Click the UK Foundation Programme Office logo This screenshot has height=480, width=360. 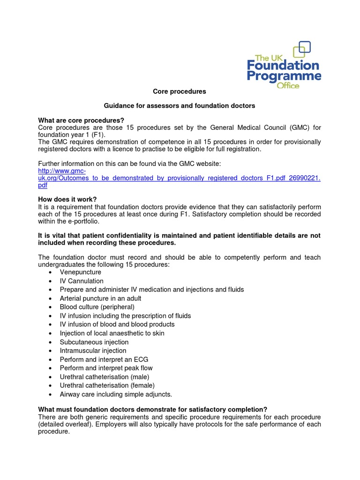tap(284, 66)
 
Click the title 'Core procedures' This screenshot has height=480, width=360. tap(180, 91)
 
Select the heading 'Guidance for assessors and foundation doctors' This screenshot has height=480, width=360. tap(180, 106)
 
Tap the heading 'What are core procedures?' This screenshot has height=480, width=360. tap(81, 120)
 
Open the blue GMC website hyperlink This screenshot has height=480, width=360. tap(179, 179)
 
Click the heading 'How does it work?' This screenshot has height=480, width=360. tap(67, 199)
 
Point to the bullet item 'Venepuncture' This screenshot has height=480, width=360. tap(80, 272)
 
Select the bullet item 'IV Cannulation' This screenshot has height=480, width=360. tap(82, 281)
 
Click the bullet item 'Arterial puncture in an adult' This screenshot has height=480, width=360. tap(100, 299)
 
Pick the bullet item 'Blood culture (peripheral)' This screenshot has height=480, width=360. tap(97, 307)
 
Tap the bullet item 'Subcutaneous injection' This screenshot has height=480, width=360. tap(94, 342)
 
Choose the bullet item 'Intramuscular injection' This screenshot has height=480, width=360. tap(93, 351)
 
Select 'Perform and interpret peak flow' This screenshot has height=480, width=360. tap(106, 368)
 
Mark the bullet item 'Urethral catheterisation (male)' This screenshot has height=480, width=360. tap(104, 377)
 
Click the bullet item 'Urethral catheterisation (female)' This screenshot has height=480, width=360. tap(107, 385)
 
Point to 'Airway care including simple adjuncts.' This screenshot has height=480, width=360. tap(116, 394)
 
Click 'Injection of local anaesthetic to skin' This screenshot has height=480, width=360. tap(112, 333)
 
